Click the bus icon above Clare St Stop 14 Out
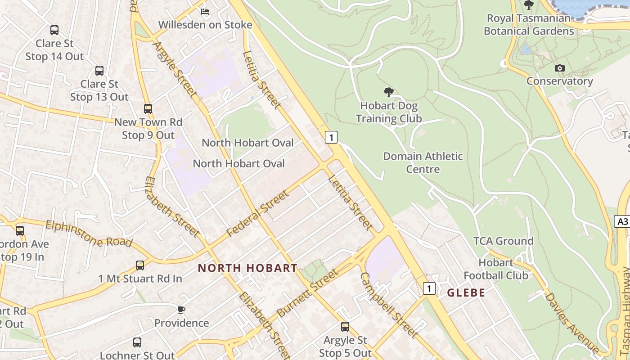(54, 30)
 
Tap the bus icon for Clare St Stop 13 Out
(99, 71)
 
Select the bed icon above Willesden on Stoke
(205, 11)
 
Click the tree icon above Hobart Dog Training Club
(389, 93)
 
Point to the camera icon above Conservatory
(560, 68)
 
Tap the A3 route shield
(622, 221)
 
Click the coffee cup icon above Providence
(181, 310)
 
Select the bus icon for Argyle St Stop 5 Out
(345, 327)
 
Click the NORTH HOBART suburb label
(247, 268)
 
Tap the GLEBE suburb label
(466, 292)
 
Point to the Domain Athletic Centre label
(423, 162)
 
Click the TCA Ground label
(503, 241)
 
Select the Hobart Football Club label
(496, 269)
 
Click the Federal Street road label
(257, 213)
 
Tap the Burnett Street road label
(307, 293)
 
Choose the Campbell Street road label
(389, 305)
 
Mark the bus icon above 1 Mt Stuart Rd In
(140, 265)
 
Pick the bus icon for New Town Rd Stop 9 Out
(148, 109)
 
